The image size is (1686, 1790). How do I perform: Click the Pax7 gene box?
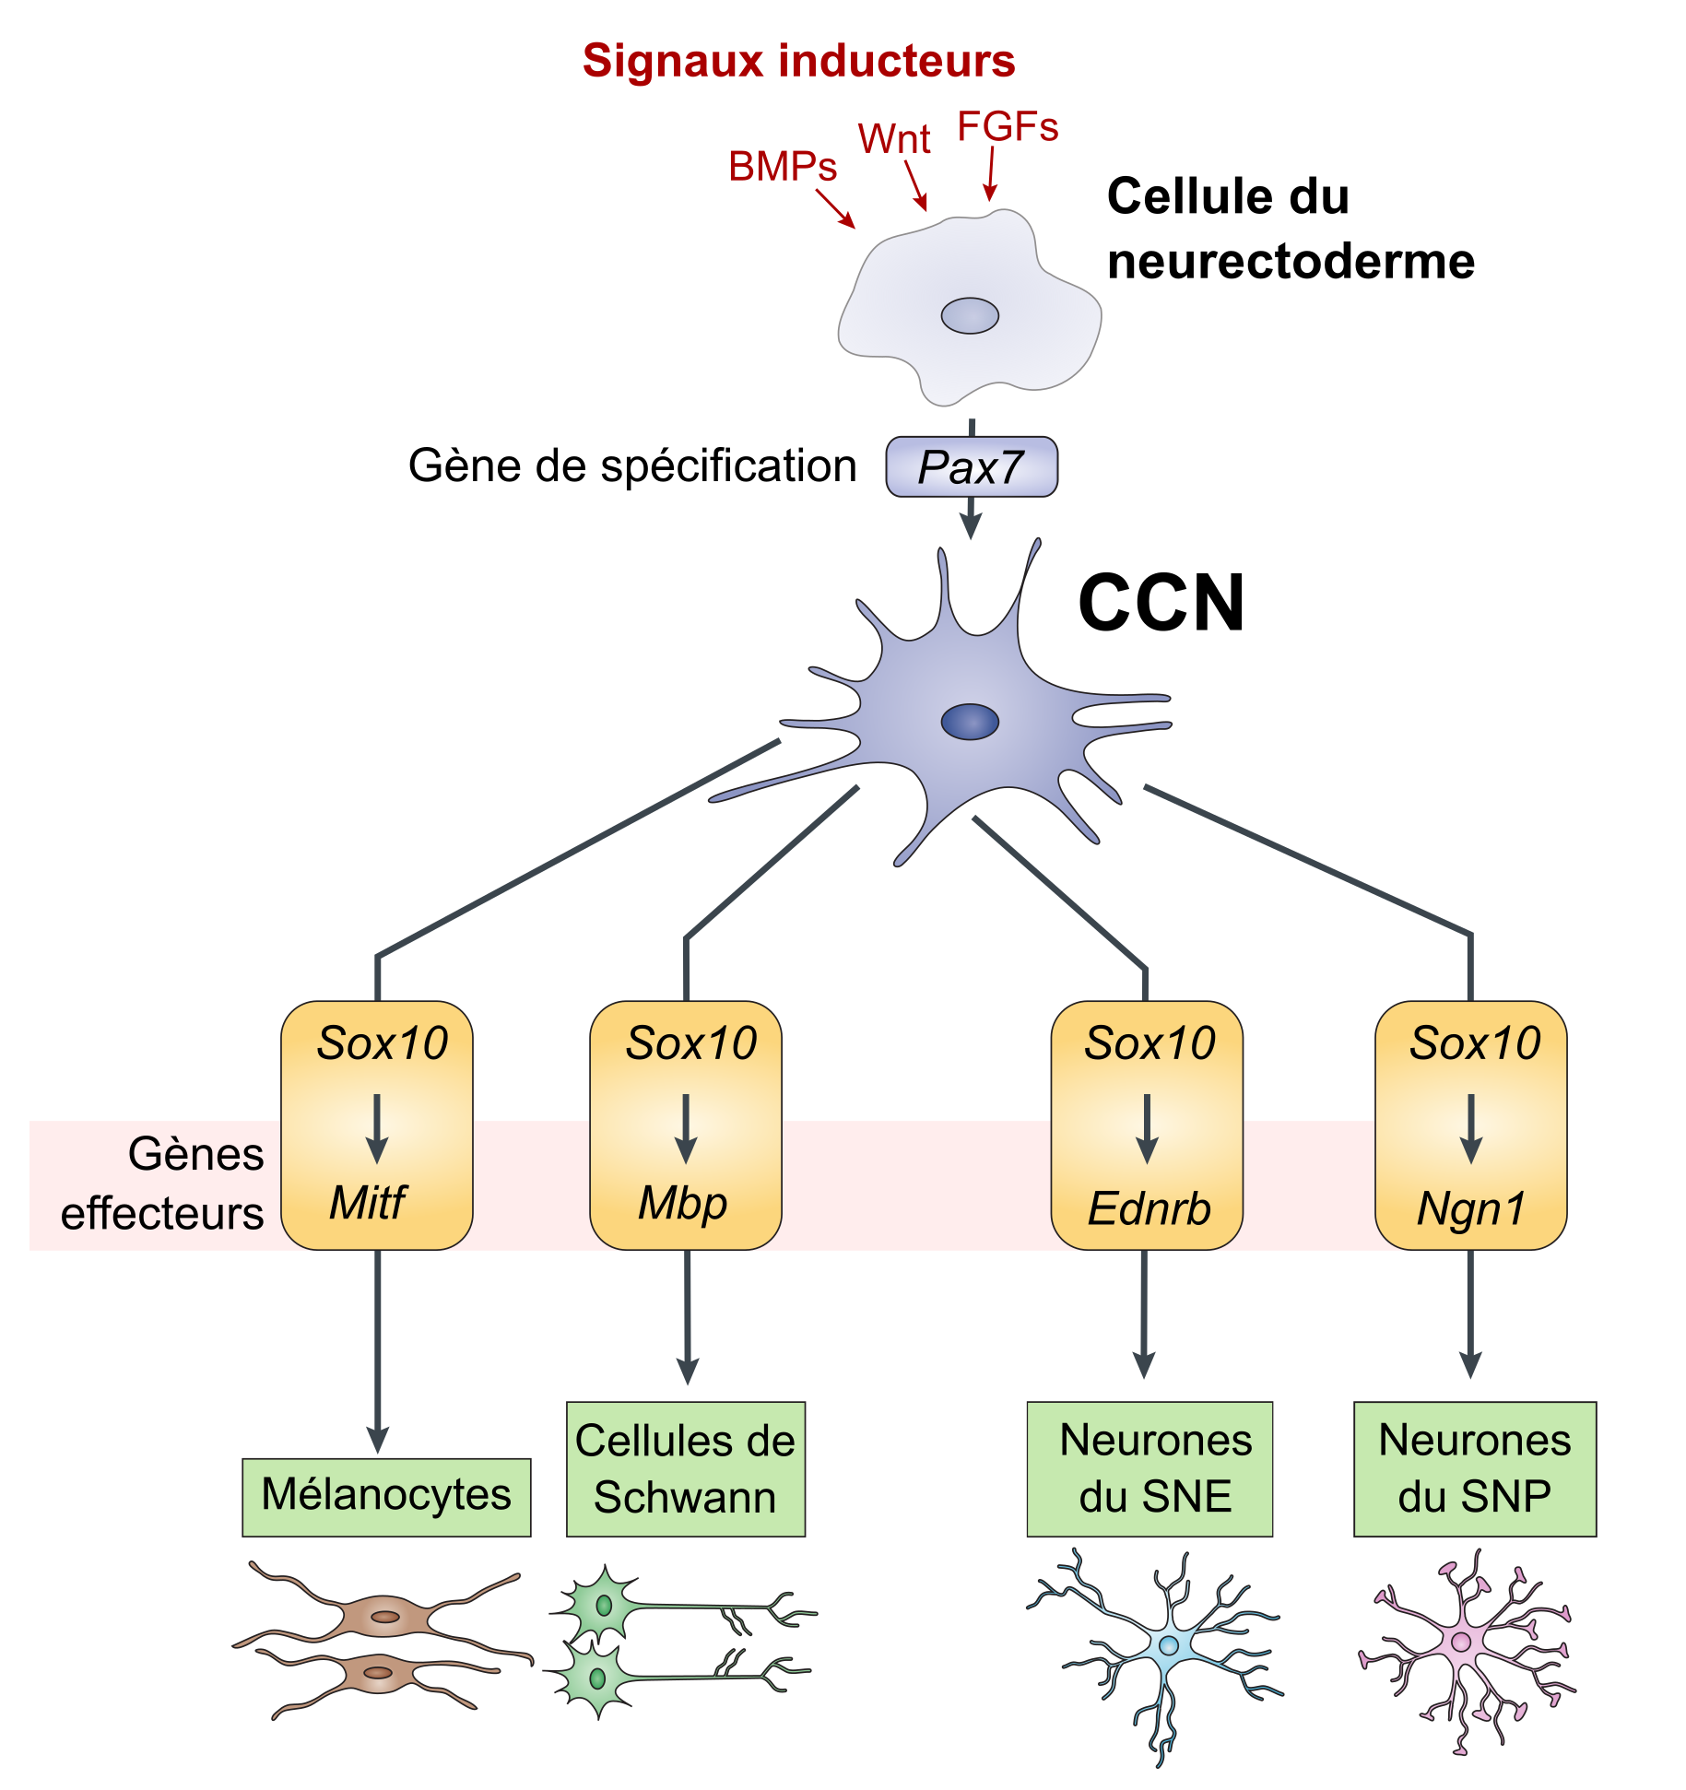click(x=971, y=467)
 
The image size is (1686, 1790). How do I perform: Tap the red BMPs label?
click(x=783, y=167)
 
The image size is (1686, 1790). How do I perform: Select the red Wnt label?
click(x=893, y=139)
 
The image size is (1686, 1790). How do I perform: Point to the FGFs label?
click(x=1008, y=127)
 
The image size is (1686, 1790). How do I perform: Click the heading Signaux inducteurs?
click(x=798, y=61)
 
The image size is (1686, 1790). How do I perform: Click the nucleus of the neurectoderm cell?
click(x=970, y=316)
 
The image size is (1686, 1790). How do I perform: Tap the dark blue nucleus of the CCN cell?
click(x=970, y=722)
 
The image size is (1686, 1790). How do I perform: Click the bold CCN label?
click(x=1161, y=603)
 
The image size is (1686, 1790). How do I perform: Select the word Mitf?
click(x=367, y=1202)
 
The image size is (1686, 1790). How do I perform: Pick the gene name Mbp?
click(x=683, y=1203)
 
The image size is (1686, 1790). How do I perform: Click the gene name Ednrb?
click(x=1149, y=1208)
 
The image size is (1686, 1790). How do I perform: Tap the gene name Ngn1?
click(x=1471, y=1208)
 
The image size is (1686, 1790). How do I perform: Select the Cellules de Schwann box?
click(x=685, y=1469)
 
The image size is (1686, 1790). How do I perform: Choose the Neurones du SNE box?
click(x=1150, y=1469)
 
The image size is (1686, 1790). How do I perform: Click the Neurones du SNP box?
click(x=1474, y=1469)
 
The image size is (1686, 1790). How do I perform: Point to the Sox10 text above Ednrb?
click(x=1149, y=1043)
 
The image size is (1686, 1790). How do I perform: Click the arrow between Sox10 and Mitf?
click(x=377, y=1129)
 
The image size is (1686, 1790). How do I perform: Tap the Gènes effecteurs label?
click(x=163, y=1184)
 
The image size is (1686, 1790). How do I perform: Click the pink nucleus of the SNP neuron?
click(x=1461, y=1642)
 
